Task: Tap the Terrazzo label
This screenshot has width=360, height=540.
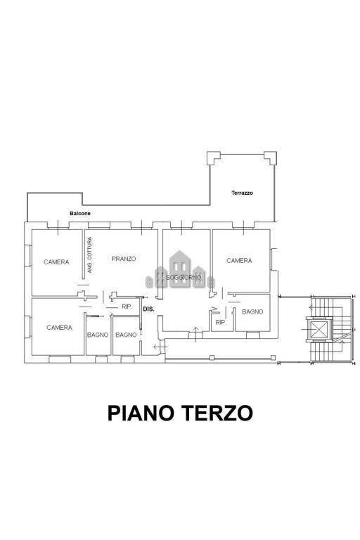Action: click(242, 193)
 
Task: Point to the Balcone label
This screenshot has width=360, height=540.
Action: click(79, 213)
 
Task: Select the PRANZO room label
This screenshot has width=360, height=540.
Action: click(124, 259)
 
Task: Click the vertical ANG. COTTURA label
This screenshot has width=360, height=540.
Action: click(89, 255)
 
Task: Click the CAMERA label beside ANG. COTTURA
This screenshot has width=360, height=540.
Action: click(56, 262)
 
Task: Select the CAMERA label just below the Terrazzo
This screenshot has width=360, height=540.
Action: click(239, 261)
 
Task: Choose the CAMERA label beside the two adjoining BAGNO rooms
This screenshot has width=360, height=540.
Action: click(59, 328)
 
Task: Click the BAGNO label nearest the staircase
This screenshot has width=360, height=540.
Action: click(252, 311)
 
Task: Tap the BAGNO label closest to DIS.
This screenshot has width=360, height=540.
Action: click(126, 335)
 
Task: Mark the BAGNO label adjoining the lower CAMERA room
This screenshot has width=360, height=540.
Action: click(98, 335)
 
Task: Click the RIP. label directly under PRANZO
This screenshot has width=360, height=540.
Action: click(127, 307)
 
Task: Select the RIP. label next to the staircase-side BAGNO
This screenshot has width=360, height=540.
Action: click(220, 323)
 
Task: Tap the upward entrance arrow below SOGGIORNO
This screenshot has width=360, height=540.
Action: click(195, 333)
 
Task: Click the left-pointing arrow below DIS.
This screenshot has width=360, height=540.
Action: click(157, 346)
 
